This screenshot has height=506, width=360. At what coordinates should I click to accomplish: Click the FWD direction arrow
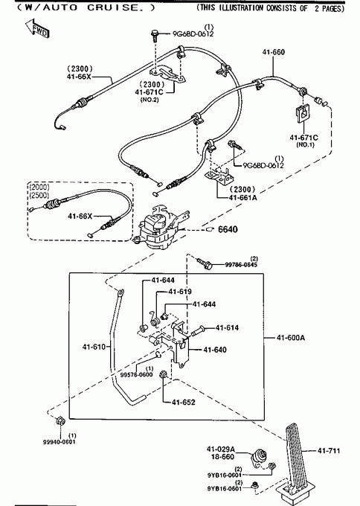pyautogui.click(x=37, y=28)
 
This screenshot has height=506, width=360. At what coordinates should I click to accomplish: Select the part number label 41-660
pyautogui.click(x=274, y=52)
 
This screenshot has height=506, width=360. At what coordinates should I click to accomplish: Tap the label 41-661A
pyautogui.click(x=243, y=197)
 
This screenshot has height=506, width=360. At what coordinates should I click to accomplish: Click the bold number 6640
pyautogui.click(x=228, y=229)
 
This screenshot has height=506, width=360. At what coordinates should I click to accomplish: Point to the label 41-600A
pyautogui.click(x=291, y=338)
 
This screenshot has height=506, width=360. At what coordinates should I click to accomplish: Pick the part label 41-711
pyautogui.click(x=329, y=450)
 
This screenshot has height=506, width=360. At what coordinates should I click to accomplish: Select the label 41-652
pyautogui.click(x=184, y=402)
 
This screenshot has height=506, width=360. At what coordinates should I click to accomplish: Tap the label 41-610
pyautogui.click(x=94, y=347)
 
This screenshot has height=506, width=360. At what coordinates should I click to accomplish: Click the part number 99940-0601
pyautogui.click(x=60, y=442)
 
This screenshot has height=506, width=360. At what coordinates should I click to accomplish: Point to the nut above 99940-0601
pyautogui.click(x=60, y=421)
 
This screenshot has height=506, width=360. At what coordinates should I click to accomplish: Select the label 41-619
pyautogui.click(x=180, y=292)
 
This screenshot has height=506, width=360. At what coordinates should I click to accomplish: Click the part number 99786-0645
pyautogui.click(x=241, y=265)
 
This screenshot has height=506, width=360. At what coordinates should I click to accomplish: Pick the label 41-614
pyautogui.click(x=227, y=327)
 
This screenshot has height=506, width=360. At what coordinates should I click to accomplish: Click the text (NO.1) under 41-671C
pyautogui.click(x=305, y=144)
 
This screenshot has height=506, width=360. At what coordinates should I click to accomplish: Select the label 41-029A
pyautogui.click(x=221, y=449)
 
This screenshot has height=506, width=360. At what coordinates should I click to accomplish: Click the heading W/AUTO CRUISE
pyautogui.click(x=86, y=7)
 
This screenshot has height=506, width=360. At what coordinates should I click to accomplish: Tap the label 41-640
pyautogui.click(x=215, y=350)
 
